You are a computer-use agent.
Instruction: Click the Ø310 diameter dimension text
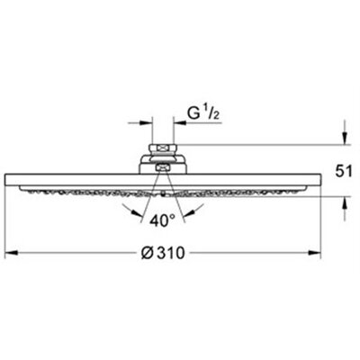coord(163,254)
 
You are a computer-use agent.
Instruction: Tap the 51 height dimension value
coord(344,172)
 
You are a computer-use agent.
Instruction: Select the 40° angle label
coord(162,221)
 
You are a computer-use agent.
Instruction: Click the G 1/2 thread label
coord(202,113)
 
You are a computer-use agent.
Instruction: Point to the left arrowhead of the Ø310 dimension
coord(12,253)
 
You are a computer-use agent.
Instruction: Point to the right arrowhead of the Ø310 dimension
coord(315,253)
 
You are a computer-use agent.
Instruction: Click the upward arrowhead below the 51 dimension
coord(345,203)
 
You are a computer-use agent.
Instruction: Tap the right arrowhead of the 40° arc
coord(188,212)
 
